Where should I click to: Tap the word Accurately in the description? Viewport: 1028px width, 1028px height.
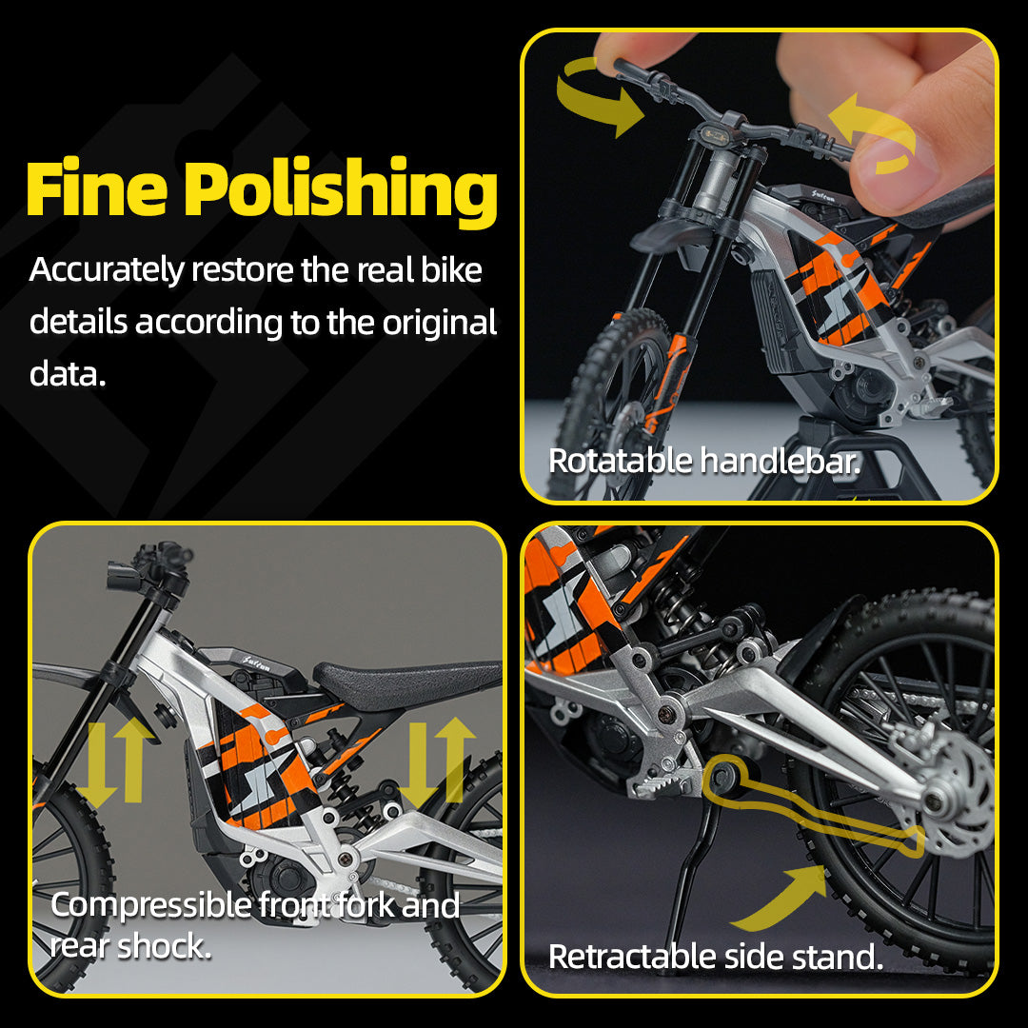coord(107,270)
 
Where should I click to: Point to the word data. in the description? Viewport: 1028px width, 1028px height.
coord(68,374)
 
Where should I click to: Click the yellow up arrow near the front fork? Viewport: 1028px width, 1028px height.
coord(133,760)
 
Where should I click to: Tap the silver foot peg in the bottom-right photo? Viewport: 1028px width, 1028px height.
coord(656,784)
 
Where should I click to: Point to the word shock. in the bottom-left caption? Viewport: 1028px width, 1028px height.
coord(164,946)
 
